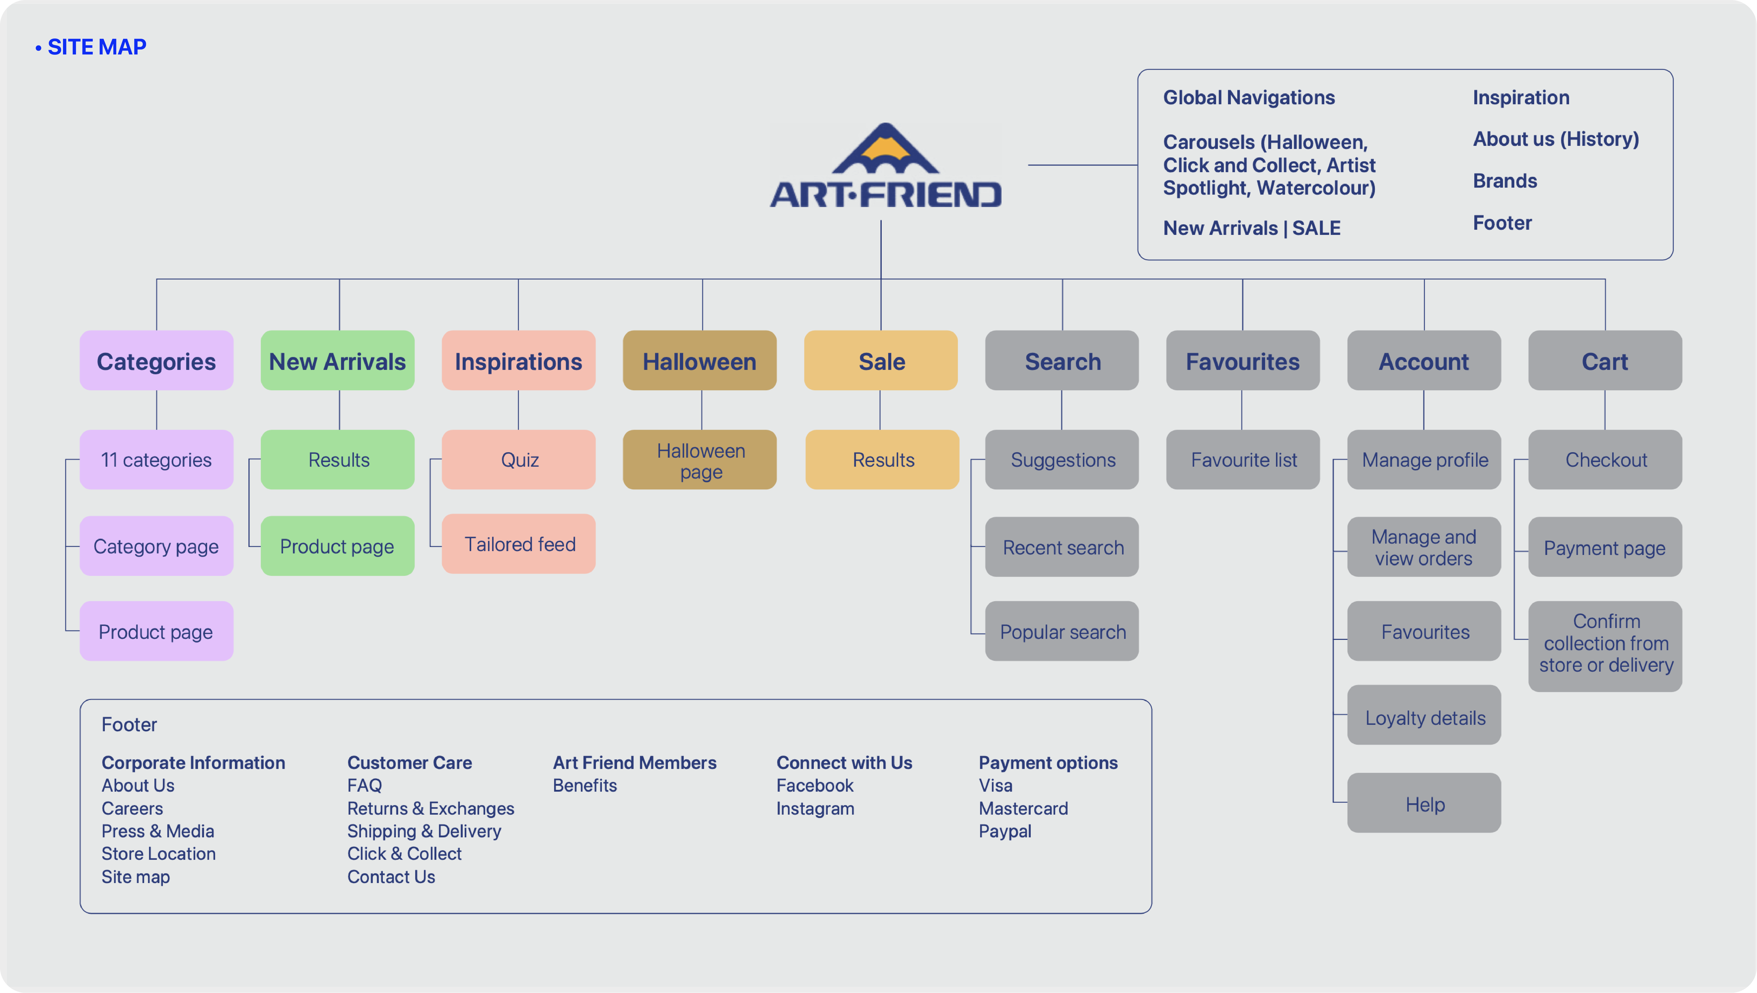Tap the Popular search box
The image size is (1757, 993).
pos(1062,631)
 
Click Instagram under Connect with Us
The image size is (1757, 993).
pos(815,808)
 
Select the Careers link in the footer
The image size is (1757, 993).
pos(132,808)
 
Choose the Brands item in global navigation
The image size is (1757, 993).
pos(1505,181)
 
